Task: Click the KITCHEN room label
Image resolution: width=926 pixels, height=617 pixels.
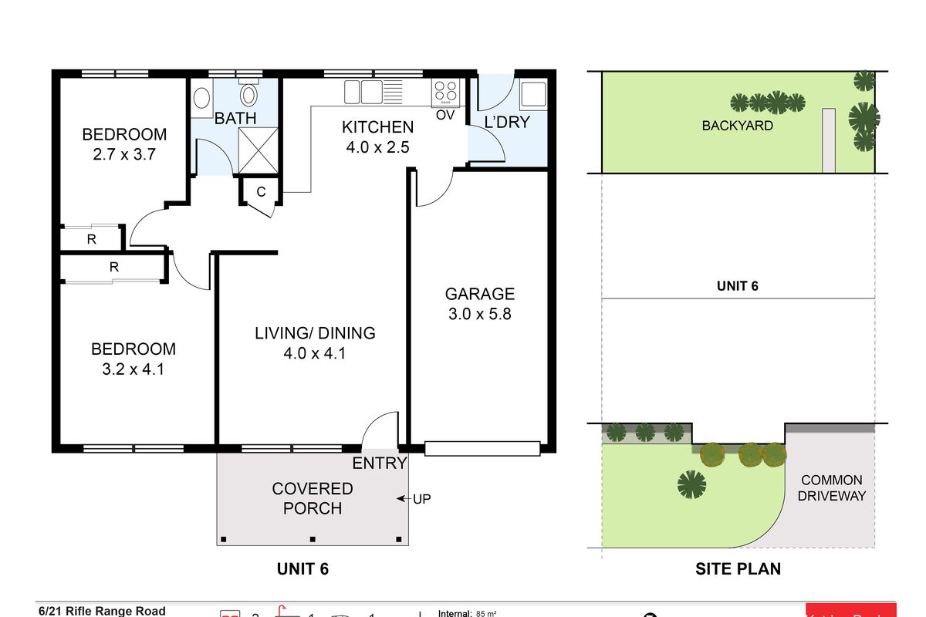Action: click(378, 127)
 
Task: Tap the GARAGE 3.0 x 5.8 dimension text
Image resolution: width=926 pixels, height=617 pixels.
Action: click(479, 314)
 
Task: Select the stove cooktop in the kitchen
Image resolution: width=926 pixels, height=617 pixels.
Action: click(445, 93)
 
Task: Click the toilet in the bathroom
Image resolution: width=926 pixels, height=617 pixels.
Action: click(248, 95)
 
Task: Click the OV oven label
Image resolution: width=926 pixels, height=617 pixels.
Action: click(445, 115)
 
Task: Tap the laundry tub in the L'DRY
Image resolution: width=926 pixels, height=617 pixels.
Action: click(532, 94)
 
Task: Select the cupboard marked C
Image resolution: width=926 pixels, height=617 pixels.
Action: click(260, 193)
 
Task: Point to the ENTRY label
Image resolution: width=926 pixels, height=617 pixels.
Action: click(379, 464)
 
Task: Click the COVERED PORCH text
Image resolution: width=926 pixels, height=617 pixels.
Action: click(313, 498)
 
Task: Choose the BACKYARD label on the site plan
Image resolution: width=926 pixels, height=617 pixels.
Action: click(737, 126)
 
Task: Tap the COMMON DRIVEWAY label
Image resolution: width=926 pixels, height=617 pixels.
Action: click(832, 487)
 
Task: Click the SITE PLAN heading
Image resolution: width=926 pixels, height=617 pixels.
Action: click(738, 569)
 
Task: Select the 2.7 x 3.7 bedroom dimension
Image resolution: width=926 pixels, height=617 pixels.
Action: click(124, 153)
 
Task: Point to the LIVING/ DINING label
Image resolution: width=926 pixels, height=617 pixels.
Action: click(315, 333)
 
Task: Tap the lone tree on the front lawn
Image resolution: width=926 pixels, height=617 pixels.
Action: click(692, 484)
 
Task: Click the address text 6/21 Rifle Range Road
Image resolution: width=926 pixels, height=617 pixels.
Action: click(102, 611)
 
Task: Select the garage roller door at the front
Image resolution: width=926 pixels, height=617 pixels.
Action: click(482, 447)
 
